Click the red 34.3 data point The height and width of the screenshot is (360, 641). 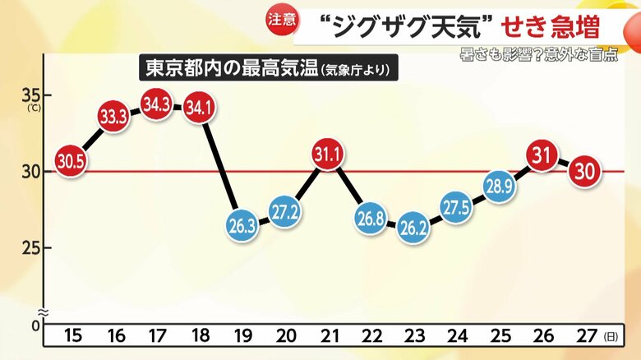[156, 104]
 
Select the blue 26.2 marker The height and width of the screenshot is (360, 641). [414, 229]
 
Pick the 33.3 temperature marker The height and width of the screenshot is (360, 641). [113, 116]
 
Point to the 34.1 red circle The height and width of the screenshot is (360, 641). [198, 108]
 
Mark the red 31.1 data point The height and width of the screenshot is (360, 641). [327, 155]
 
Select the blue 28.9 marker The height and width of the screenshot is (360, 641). [500, 186]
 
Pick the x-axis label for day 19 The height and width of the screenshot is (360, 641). [242, 336]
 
